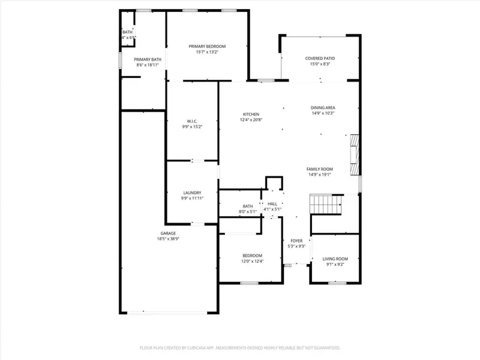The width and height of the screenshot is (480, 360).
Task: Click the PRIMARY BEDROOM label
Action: [x=207, y=46]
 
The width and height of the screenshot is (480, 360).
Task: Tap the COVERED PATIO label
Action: [x=320, y=58]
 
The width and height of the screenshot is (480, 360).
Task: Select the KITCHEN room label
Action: [x=251, y=114]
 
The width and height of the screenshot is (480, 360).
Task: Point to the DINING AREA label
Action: [x=323, y=107]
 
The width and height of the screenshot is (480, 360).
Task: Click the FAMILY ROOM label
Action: [x=320, y=169]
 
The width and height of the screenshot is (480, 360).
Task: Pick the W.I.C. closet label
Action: [x=192, y=121]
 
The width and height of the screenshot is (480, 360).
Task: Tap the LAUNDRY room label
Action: [x=192, y=193]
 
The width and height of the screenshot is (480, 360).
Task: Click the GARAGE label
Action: [x=168, y=233]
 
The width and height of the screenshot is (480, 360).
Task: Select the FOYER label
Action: [x=297, y=241]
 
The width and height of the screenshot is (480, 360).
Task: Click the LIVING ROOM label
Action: [x=335, y=259]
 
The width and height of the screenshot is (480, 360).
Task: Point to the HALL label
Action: [x=272, y=204]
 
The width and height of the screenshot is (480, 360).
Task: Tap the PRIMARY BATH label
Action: [x=148, y=59]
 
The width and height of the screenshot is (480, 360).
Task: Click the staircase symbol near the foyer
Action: [x=325, y=205]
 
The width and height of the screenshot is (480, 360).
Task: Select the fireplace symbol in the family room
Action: [x=355, y=149]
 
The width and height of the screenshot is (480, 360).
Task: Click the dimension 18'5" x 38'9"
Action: [x=168, y=239]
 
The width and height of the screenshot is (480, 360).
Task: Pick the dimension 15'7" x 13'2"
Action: [x=207, y=52]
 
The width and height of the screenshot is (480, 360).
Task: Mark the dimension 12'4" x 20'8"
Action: [x=251, y=119]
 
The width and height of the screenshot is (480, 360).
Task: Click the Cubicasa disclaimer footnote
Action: [x=240, y=347]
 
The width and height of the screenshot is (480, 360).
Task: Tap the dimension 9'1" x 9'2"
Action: [x=335, y=264]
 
